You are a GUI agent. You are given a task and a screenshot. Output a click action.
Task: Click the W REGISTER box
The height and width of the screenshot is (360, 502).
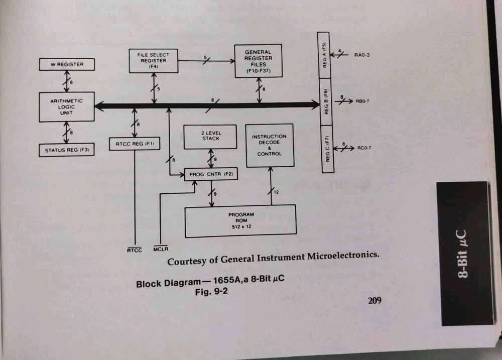click(67, 65)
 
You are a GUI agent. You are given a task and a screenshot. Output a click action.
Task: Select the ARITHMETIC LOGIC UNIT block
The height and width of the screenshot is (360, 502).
click(67, 106)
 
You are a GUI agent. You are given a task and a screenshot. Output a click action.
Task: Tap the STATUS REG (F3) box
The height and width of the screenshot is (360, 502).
click(67, 150)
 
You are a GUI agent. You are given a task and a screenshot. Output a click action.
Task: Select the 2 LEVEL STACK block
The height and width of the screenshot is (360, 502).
click(210, 136)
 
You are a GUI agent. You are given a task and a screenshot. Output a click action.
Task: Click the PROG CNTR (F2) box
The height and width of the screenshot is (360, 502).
click(210, 175)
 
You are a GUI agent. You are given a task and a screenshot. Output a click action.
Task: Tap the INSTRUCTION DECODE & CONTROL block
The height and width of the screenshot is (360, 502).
click(269, 145)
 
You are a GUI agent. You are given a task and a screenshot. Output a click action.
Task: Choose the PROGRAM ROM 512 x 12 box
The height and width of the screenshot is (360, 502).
click(240, 221)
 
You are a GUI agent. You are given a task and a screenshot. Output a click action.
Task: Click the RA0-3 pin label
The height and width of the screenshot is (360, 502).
click(361, 55)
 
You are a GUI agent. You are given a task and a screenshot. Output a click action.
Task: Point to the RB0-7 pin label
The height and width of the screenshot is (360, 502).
click(363, 101)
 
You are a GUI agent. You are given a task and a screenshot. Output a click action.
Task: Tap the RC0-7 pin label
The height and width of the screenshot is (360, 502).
click(364, 148)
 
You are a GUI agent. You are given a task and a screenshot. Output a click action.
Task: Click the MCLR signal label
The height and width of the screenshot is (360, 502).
click(161, 249)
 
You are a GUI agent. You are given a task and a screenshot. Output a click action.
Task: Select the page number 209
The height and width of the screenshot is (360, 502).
click(374, 301)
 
